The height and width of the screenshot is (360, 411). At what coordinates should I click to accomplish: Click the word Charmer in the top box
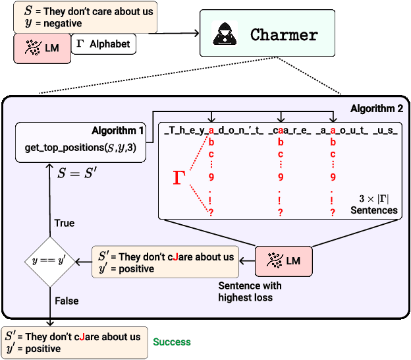click(x=284, y=35)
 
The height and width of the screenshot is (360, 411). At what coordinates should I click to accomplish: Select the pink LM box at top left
click(x=42, y=49)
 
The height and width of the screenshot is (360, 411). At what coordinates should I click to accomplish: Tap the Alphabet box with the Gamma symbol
click(x=104, y=44)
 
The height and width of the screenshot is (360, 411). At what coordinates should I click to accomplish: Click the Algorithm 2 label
click(x=376, y=107)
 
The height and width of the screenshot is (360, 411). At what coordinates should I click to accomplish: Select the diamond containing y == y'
click(x=47, y=261)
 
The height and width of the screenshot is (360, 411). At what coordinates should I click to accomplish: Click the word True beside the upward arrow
click(x=65, y=223)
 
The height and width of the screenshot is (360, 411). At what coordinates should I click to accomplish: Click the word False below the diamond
click(x=67, y=301)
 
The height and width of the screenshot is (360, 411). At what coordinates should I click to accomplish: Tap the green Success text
click(x=172, y=342)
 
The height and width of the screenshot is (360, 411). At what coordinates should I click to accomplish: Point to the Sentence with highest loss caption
click(x=250, y=291)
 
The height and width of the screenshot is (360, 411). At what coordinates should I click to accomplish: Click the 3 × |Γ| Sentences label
click(x=373, y=204)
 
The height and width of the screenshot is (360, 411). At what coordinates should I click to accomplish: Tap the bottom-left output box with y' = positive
click(x=74, y=342)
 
